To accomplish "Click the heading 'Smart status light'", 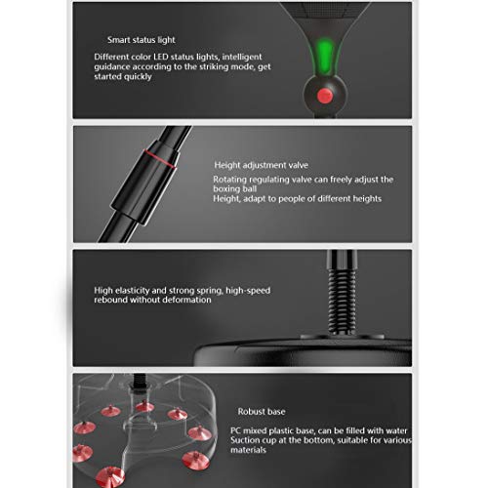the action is tap(142, 40).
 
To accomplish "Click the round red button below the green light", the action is tap(324, 96).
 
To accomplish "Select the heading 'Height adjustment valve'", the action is tap(261, 165).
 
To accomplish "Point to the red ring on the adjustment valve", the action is tap(160, 158).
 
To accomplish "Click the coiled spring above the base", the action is tap(342, 301).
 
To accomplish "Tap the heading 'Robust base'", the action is tap(262, 412).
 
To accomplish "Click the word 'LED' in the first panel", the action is tap(161, 57).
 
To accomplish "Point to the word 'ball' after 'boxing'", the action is tap(249, 189).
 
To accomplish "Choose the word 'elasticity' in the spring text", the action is tap(132, 291).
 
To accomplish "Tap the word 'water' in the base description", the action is tap(396, 430).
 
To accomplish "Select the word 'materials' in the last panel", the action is tap(248, 450).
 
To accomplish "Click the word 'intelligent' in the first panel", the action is tap(242, 58).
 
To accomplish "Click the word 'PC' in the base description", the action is tap(236, 430).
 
